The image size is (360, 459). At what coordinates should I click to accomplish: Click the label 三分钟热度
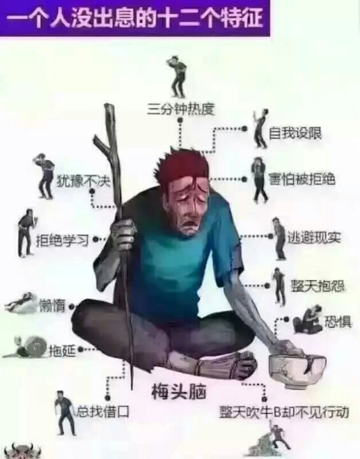[181, 110]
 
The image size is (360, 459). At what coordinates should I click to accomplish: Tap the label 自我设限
[295, 133]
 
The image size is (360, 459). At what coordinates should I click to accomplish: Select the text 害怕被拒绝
[302, 179]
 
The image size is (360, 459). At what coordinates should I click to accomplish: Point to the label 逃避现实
[314, 237]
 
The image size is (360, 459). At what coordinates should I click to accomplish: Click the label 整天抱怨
[317, 286]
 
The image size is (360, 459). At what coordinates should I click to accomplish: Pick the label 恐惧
[338, 322]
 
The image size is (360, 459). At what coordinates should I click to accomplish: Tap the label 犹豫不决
[83, 182]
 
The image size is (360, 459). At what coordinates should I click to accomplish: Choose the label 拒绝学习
[62, 240]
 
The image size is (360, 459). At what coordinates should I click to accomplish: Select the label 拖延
[62, 350]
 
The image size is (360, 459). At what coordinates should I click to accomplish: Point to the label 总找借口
[103, 412]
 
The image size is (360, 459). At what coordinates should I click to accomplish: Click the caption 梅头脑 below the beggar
[178, 391]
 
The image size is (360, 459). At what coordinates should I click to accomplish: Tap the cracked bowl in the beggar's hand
[297, 370]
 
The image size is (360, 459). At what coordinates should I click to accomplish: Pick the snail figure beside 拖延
[26, 347]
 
